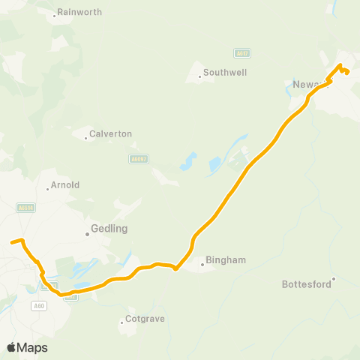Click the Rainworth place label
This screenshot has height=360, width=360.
click(x=79, y=13)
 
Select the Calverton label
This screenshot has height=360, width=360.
click(x=110, y=133)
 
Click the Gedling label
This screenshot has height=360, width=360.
click(x=109, y=228)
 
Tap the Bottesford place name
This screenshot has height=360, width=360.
click(x=306, y=284)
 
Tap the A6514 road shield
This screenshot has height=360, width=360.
click(x=26, y=208)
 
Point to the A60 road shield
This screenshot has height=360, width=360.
click(x=40, y=305)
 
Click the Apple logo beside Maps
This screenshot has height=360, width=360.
click(x=12, y=347)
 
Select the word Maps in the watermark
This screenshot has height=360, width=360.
click(x=33, y=347)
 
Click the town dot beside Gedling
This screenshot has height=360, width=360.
click(x=87, y=234)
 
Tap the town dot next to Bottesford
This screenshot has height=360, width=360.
click(x=334, y=279)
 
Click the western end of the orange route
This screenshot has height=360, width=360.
click(x=10, y=242)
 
